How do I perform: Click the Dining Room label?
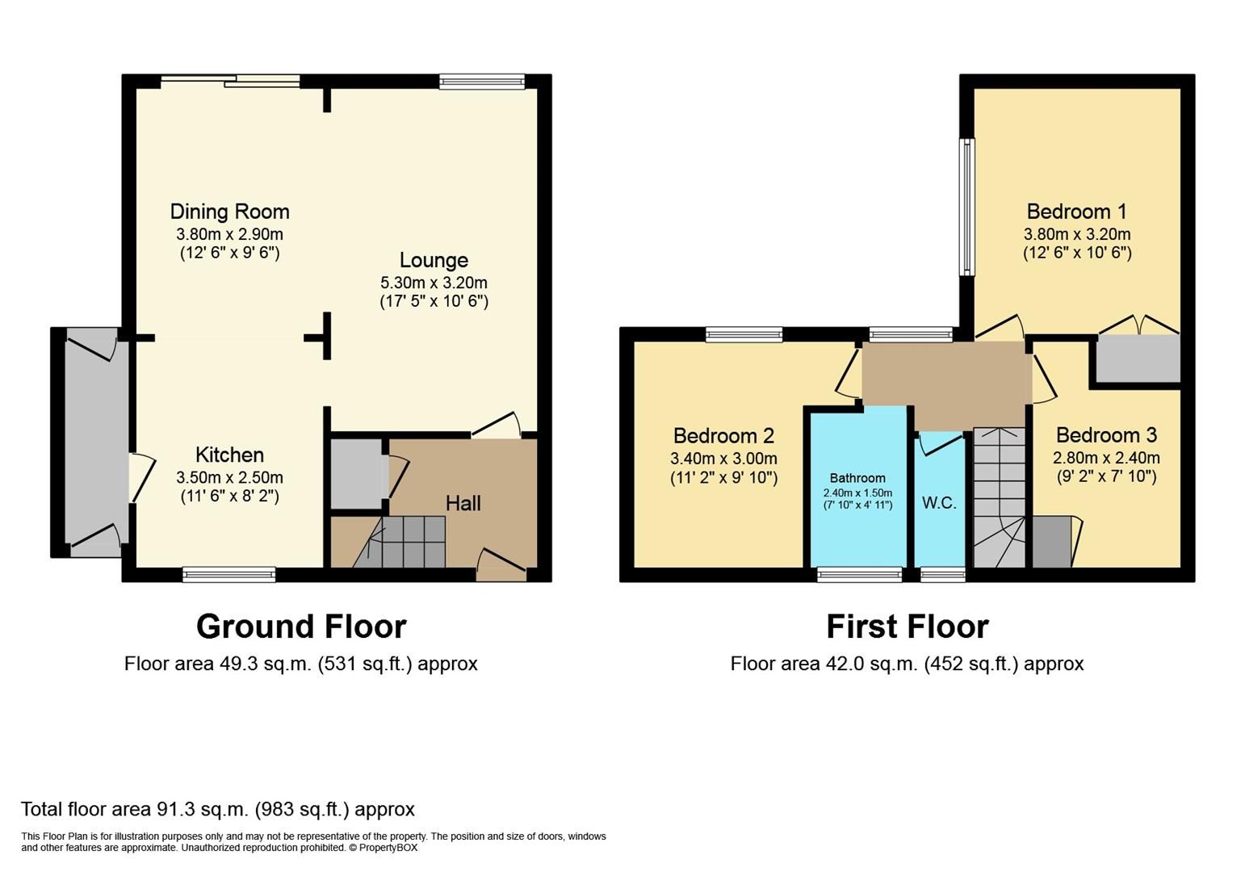click(x=229, y=212)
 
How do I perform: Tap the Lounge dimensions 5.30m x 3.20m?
click(x=434, y=283)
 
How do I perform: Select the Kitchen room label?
click(x=229, y=455)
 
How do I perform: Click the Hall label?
click(x=463, y=504)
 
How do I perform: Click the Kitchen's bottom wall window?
click(x=229, y=574)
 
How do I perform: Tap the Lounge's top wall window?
click(x=482, y=81)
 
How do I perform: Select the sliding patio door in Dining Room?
click(x=230, y=80)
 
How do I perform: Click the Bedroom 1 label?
click(x=1076, y=212)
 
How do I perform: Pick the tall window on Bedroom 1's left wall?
click(x=966, y=207)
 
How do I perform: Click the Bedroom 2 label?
click(x=723, y=436)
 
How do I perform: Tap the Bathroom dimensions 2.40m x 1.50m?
click(x=857, y=493)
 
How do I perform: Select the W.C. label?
click(x=939, y=502)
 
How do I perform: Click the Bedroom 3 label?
click(x=1106, y=435)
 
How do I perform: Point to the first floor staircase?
click(x=999, y=497)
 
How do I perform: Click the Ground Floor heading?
click(x=301, y=627)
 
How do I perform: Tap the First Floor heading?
click(x=907, y=627)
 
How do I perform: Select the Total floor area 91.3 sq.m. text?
click(x=217, y=809)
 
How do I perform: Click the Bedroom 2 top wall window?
click(x=744, y=333)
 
